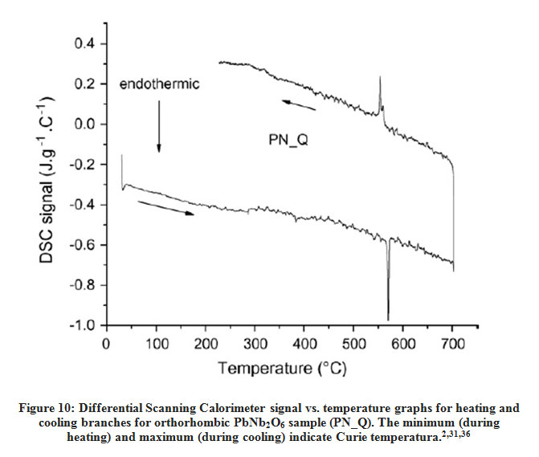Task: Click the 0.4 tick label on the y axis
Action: [85, 43]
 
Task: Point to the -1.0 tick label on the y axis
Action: [83, 325]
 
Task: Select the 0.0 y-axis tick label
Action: [85, 124]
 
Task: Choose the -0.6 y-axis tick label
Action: [83, 245]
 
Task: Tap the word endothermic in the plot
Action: [160, 84]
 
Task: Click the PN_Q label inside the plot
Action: [290, 139]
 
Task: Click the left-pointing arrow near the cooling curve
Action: [298, 104]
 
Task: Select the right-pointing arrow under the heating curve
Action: [166, 208]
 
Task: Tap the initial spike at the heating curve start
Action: [121, 158]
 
